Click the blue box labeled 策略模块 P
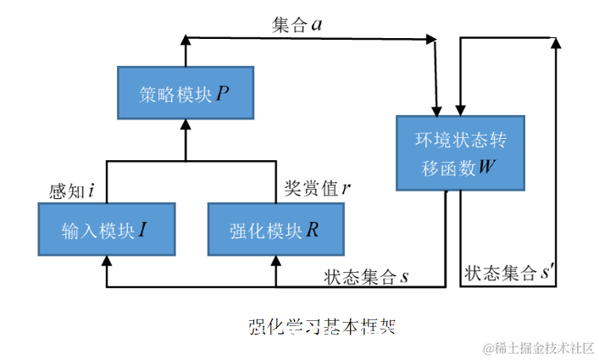coord(185,94)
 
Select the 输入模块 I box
coord(107,230)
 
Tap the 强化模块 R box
coord(275,230)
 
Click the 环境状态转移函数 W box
coord(457,152)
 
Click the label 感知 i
coord(71,191)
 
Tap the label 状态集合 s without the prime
coord(366,276)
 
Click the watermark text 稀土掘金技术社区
coord(538,348)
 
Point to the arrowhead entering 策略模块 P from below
coord(185,125)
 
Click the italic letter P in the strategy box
coord(222,94)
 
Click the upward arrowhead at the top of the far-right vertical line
coord(554,43)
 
